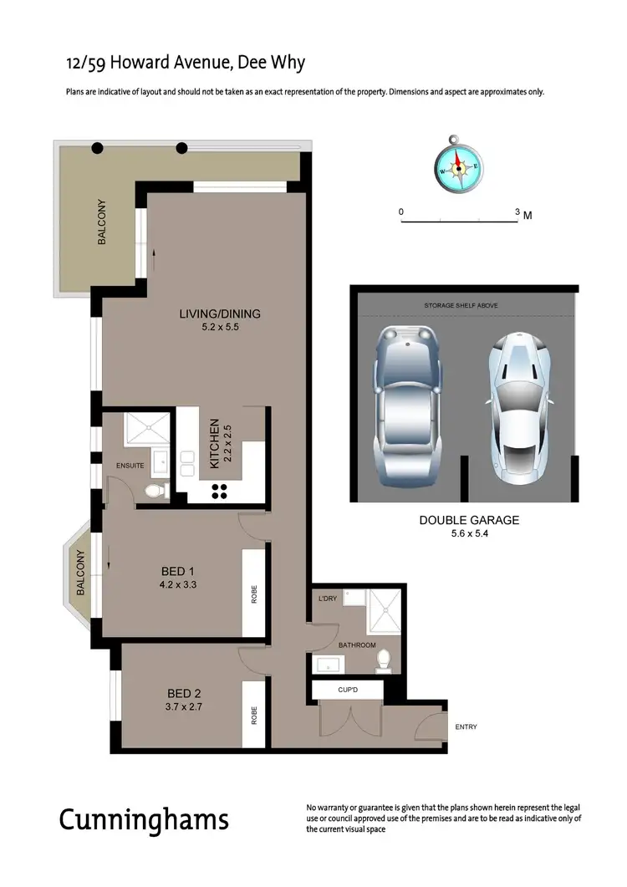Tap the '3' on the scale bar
(x=517, y=212)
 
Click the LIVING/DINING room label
(x=220, y=314)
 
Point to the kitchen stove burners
(x=219, y=491)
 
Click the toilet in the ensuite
(x=155, y=490)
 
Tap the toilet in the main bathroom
(x=385, y=660)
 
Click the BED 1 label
(x=178, y=572)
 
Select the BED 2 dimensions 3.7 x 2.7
(x=186, y=706)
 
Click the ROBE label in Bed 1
(x=254, y=594)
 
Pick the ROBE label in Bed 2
(x=254, y=716)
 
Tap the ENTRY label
(x=466, y=727)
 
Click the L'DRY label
(x=327, y=599)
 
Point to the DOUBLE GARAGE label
(x=469, y=520)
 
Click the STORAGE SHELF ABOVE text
(x=461, y=306)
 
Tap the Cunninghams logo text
(x=143, y=819)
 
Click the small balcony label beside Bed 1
(x=81, y=573)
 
